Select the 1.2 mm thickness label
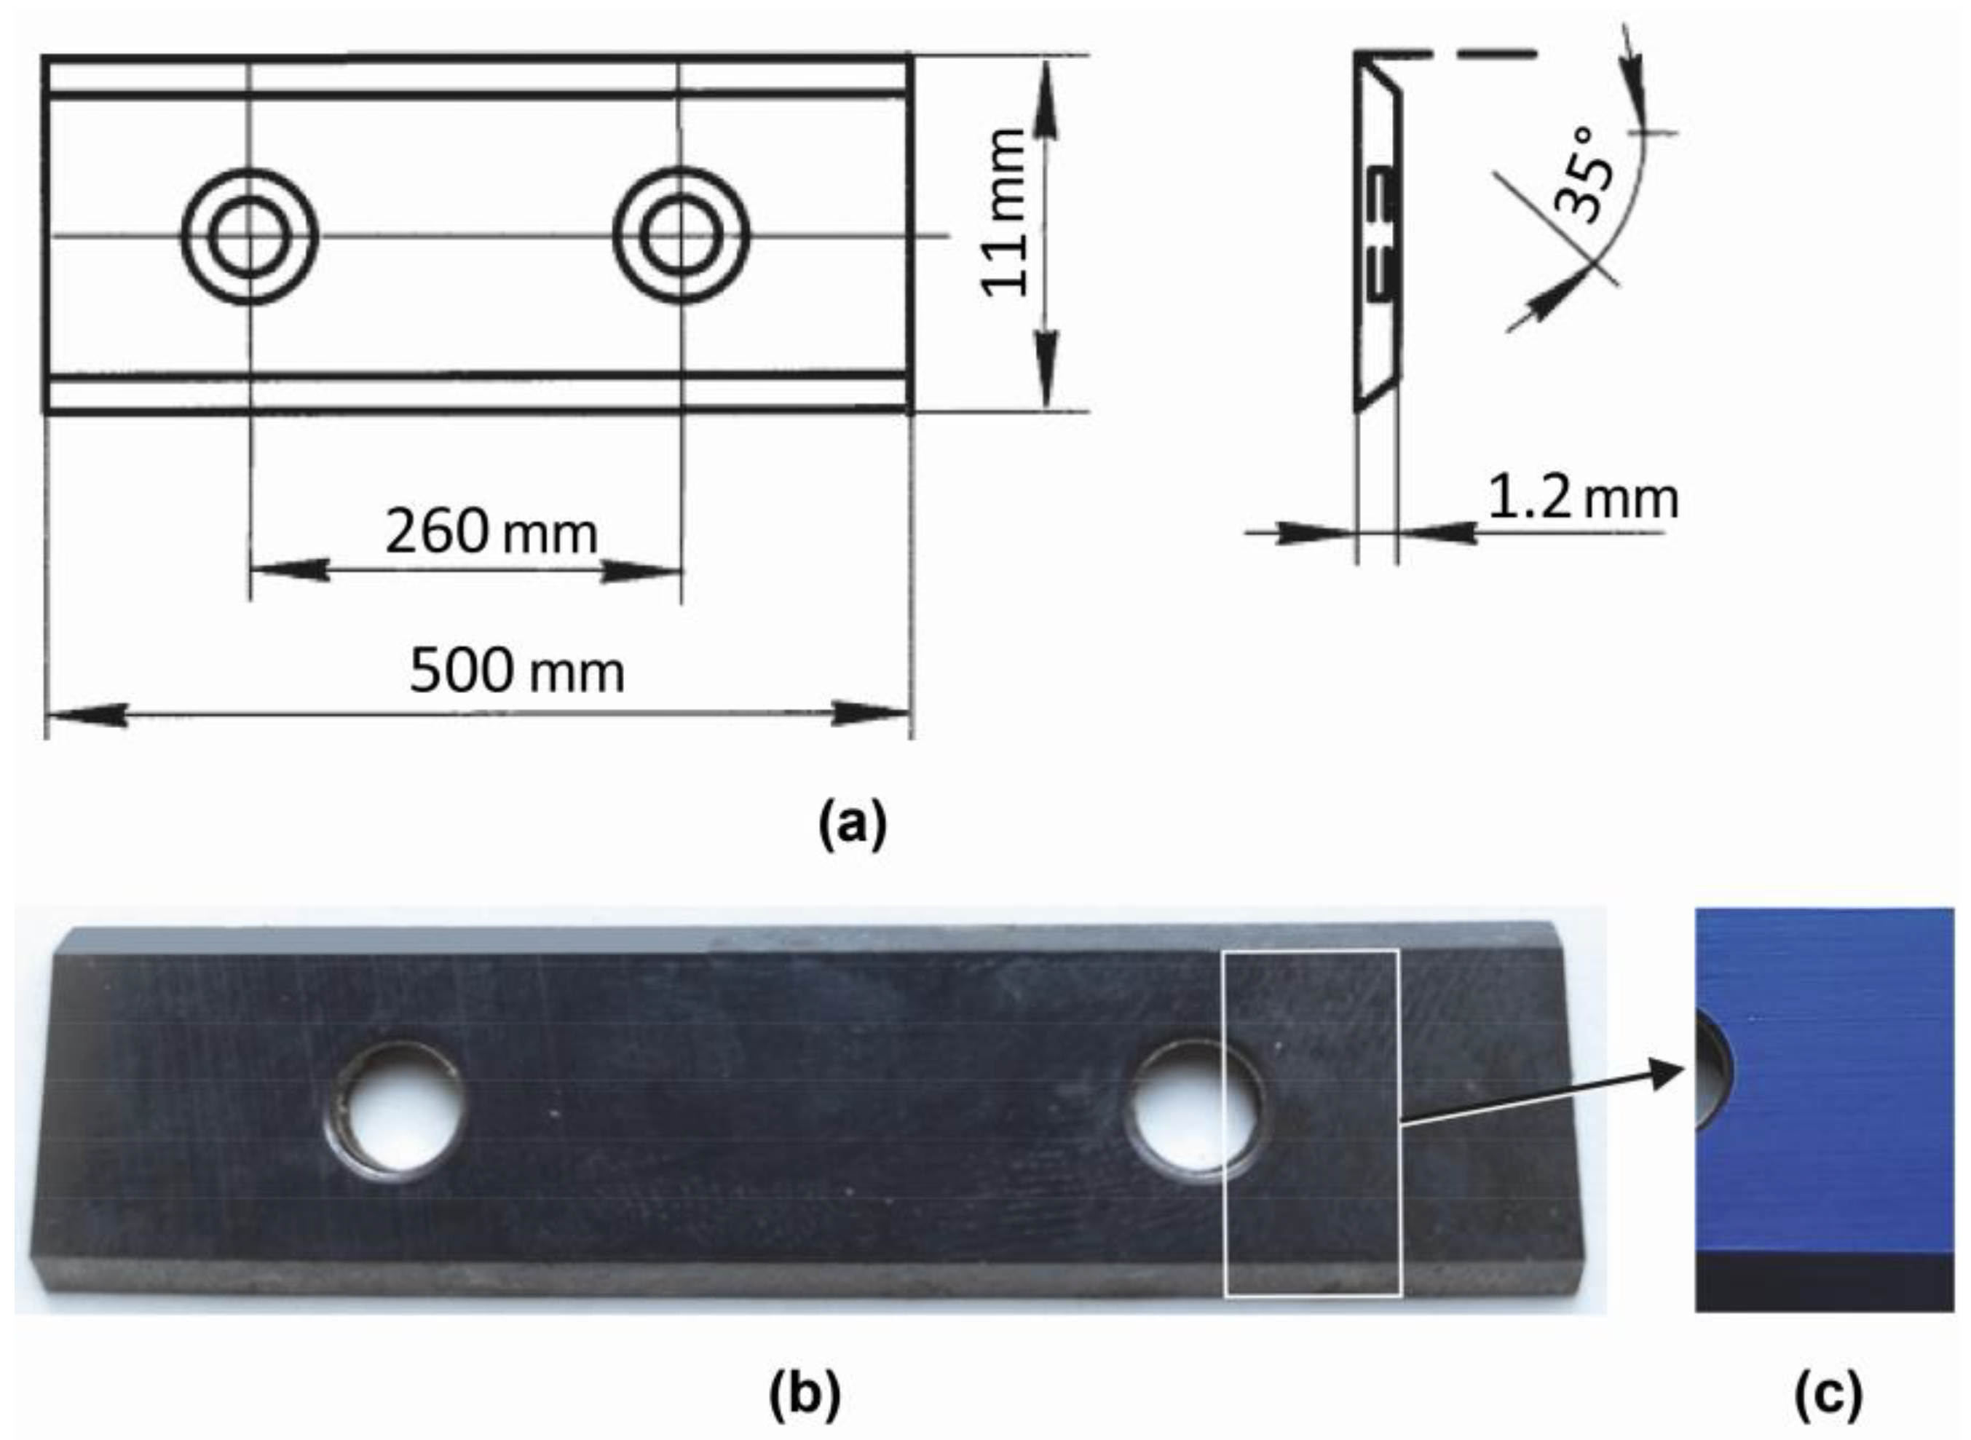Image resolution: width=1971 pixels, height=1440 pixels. tap(1581, 499)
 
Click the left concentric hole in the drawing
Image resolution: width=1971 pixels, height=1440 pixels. tap(250, 236)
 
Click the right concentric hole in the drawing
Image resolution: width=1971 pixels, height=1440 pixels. tap(681, 236)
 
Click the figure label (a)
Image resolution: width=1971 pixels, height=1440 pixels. tap(852, 823)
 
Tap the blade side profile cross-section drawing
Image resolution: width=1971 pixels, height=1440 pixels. tap(1378, 235)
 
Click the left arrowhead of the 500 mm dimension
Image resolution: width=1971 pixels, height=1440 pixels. tap(87, 715)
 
